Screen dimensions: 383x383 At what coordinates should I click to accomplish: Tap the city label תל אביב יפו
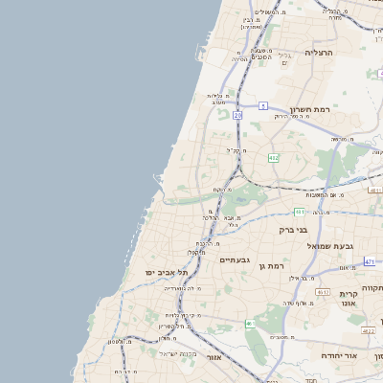pyautogui.click(x=163, y=273)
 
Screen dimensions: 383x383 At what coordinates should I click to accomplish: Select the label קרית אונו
pyautogui.click(x=347, y=300)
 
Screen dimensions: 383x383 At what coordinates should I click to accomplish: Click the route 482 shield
pyautogui.click(x=274, y=157)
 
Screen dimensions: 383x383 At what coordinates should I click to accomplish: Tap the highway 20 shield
pyautogui.click(x=237, y=115)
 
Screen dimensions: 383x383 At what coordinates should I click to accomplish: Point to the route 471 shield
pyautogui.click(x=370, y=260)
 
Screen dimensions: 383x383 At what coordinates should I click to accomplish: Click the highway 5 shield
pyautogui.click(x=262, y=105)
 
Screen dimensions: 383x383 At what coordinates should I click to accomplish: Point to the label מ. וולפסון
pyautogui.click(x=120, y=342)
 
